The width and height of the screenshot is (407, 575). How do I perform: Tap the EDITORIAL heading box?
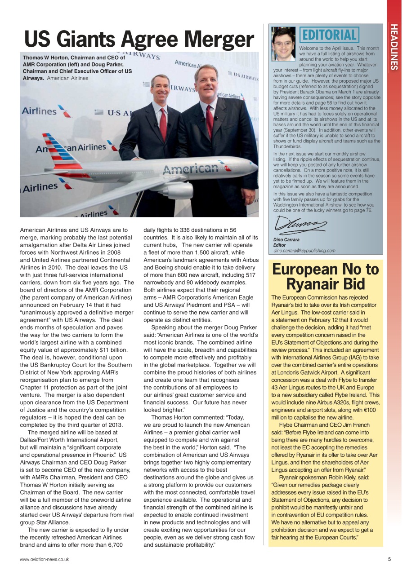[330, 35]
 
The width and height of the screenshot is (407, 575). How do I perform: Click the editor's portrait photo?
[283, 44]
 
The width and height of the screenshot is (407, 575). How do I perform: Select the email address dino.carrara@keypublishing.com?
[304, 251]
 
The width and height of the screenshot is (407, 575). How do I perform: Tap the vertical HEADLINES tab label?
[394, 47]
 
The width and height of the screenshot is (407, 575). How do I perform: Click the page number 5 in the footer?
[389, 559]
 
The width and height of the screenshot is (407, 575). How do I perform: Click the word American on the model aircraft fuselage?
[190, 169]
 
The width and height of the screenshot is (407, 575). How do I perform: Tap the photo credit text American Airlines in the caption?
[68, 78]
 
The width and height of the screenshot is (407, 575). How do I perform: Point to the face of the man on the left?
[160, 87]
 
